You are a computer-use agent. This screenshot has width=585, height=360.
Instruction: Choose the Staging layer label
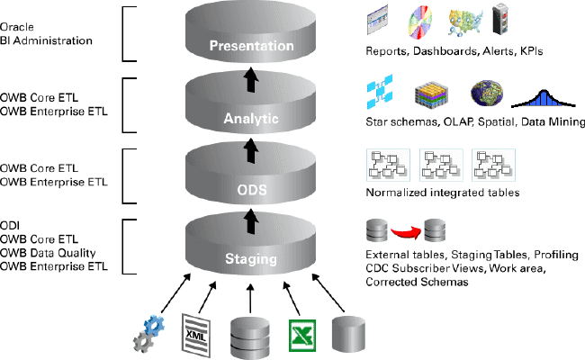coord(250,261)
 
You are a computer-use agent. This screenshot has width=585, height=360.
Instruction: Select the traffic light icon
coord(501,21)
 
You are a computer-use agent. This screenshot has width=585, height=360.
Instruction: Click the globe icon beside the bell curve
coord(487,94)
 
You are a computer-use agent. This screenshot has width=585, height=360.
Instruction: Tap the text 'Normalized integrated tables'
coord(429,193)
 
